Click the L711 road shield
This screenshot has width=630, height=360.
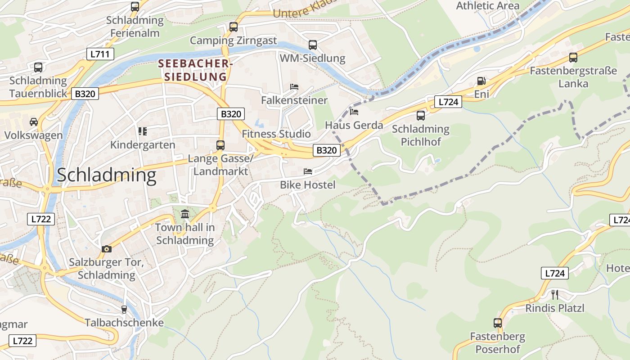[x=100, y=54]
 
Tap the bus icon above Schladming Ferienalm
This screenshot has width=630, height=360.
[x=135, y=6]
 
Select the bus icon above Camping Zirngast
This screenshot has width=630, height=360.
[x=233, y=27]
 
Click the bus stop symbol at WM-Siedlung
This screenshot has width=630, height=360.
[x=312, y=45]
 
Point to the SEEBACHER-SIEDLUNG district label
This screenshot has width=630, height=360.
[x=195, y=70]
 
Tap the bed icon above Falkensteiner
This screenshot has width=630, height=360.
[x=294, y=86]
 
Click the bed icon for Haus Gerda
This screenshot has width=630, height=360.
[x=354, y=112]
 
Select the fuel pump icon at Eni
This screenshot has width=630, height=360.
[x=481, y=81]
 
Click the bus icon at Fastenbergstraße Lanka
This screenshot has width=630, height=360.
[x=573, y=57]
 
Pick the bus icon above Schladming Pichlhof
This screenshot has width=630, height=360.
[x=420, y=115]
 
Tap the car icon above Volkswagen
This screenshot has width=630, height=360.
[x=34, y=122]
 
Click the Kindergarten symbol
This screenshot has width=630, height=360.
[x=143, y=131]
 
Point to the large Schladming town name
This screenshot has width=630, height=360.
[x=106, y=175]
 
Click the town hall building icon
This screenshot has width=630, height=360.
[x=185, y=213]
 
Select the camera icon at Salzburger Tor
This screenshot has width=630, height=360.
[x=107, y=249]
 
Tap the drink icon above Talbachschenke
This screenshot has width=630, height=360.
[x=124, y=309]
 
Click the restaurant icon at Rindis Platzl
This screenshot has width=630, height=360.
[x=555, y=294]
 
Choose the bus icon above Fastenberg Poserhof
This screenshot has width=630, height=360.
[x=497, y=323]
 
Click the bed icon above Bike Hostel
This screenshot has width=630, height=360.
[x=308, y=171]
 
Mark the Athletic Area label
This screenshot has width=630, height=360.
[x=488, y=6]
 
